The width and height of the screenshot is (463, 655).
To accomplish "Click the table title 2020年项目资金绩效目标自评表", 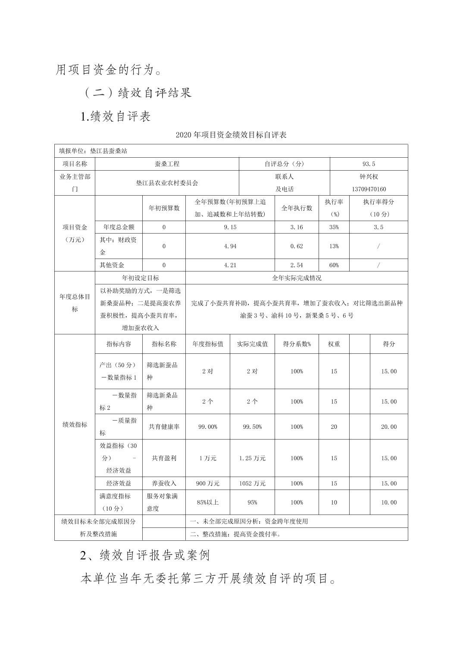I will click(x=231, y=135).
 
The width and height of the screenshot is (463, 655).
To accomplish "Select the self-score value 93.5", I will click(x=369, y=164).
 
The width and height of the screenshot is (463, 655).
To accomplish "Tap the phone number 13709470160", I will click(x=369, y=189).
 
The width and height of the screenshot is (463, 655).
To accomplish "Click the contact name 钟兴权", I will click(x=369, y=177).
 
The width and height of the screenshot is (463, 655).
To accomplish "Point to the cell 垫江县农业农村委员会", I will click(x=167, y=183).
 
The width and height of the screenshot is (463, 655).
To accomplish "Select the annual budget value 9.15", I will click(x=230, y=227).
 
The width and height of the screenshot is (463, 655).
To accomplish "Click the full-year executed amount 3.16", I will click(x=297, y=227).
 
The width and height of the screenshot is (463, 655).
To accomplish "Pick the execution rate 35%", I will click(x=334, y=227).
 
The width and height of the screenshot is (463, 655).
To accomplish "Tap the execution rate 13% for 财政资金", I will click(x=334, y=246).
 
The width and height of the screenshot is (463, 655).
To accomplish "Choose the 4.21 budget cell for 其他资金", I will click(x=230, y=265).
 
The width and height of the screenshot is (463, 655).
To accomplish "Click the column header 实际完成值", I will click(x=252, y=344).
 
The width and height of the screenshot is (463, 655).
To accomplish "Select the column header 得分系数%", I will click(x=297, y=344).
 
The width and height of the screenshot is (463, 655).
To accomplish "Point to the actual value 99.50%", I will click(x=252, y=427).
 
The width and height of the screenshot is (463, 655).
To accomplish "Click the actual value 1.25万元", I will click(x=252, y=458).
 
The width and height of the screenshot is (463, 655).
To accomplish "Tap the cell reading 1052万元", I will click(x=252, y=483).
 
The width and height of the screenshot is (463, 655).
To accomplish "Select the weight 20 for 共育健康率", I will click(x=334, y=427).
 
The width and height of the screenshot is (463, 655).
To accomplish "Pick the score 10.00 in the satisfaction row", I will click(x=388, y=502).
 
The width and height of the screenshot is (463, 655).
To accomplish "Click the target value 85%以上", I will click(x=207, y=502).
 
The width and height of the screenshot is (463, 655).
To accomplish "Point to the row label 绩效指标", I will click(x=75, y=424).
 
